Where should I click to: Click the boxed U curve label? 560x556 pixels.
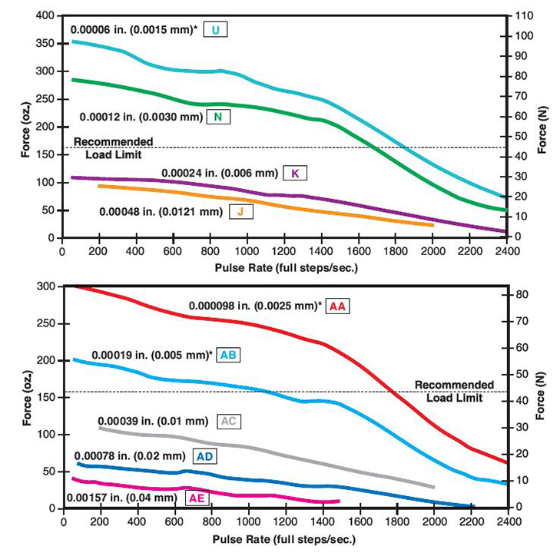(x=217, y=31)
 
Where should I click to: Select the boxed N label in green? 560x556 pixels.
(x=217, y=117)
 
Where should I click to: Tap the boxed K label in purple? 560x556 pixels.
(x=295, y=172)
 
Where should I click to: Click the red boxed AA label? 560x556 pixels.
(x=338, y=306)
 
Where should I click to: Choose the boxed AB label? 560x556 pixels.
(x=228, y=356)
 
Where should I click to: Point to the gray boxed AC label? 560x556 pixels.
(x=228, y=421)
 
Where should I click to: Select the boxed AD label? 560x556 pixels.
(x=205, y=457)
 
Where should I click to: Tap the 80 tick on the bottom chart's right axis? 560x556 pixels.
(x=521, y=294)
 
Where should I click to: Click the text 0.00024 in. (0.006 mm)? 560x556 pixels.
(x=219, y=173)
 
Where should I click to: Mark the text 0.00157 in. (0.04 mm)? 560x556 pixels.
(x=122, y=498)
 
